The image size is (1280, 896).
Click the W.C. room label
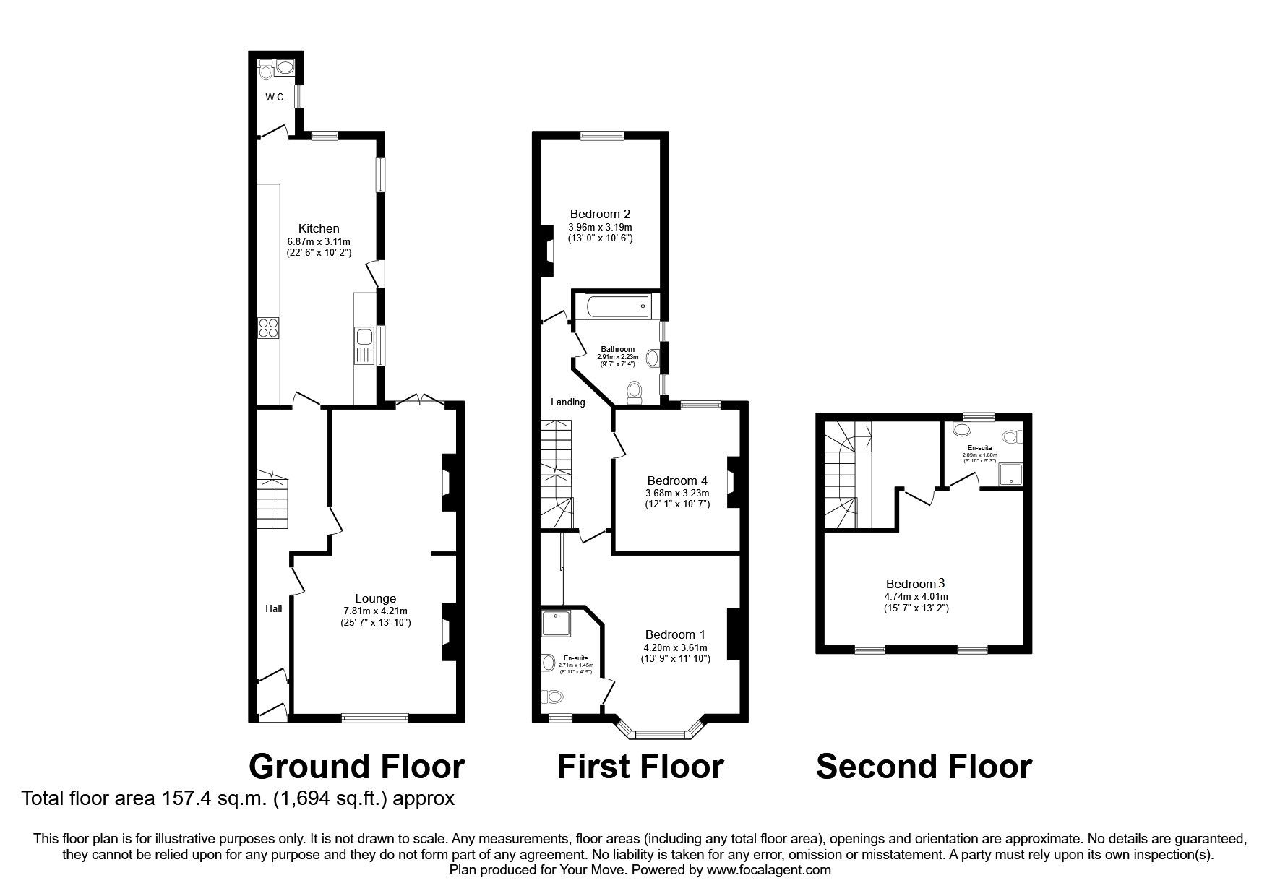click(x=275, y=98)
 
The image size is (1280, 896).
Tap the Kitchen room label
click(x=319, y=228)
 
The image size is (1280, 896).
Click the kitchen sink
click(x=363, y=337)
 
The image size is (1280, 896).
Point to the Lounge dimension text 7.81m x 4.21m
click(x=375, y=611)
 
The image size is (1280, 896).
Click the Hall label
click(x=273, y=608)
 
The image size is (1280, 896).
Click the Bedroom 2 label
click(x=600, y=214)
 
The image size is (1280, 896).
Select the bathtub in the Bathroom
click(x=616, y=307)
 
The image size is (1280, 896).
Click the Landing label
click(x=568, y=402)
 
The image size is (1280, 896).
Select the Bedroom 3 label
click(x=916, y=583)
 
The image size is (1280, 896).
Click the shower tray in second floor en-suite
click(x=1009, y=475)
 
